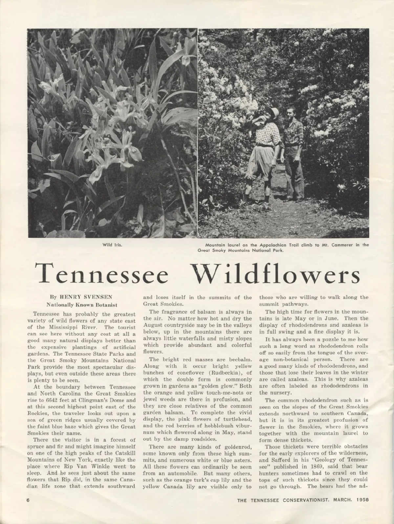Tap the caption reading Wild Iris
point(112,244)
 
